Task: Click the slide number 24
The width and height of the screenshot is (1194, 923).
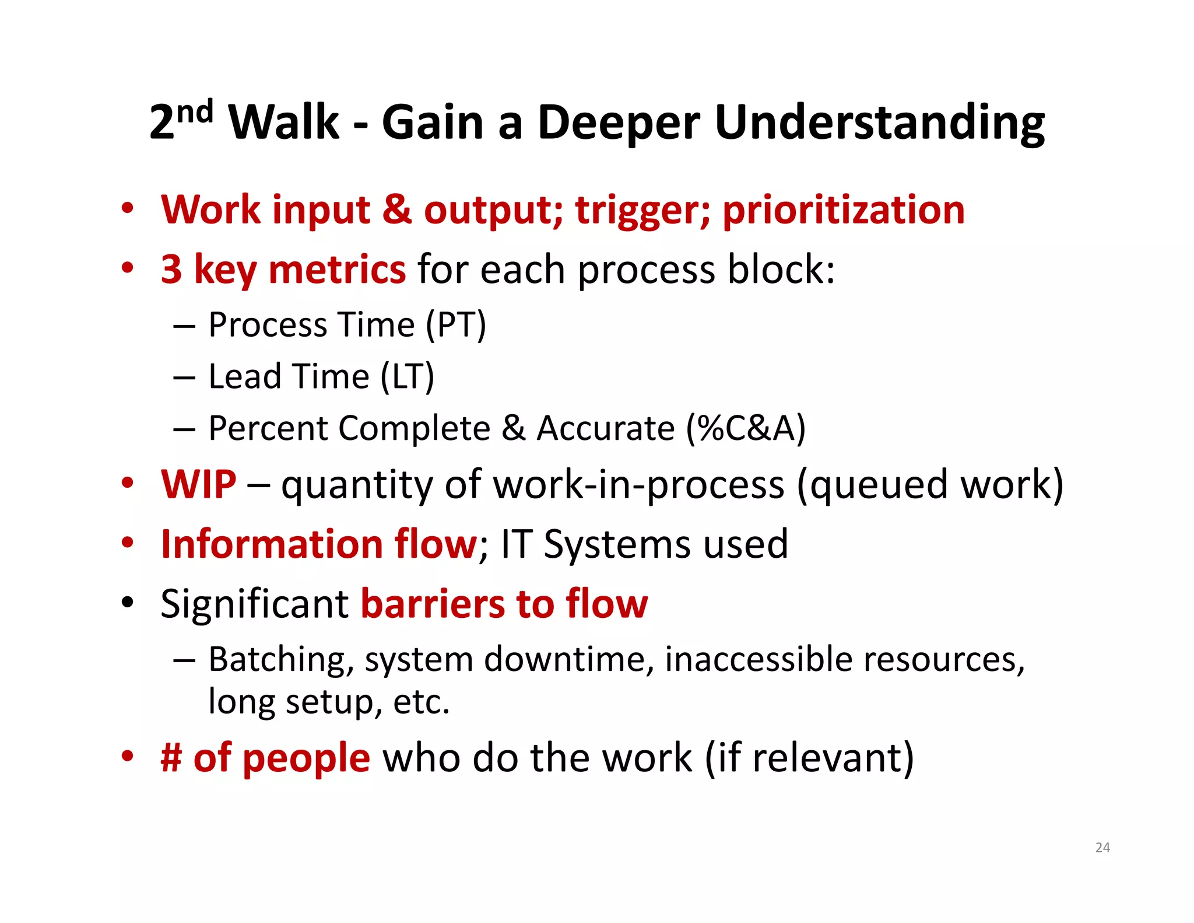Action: click(1102, 847)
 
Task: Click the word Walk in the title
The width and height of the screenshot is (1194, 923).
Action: click(284, 123)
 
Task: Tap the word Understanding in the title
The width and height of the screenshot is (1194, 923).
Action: click(879, 124)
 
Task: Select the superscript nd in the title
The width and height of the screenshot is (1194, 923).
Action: click(194, 111)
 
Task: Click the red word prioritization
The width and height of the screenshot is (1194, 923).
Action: click(844, 211)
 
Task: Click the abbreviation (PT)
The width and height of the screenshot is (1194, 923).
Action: click(455, 325)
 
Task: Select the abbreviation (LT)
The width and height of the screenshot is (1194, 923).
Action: click(407, 376)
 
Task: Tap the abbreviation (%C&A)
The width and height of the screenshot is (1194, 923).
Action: click(746, 428)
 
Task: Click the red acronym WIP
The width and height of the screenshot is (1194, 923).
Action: click(199, 484)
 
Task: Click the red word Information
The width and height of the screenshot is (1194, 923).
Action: click(271, 544)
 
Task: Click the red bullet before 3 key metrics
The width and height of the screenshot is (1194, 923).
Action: click(128, 269)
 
